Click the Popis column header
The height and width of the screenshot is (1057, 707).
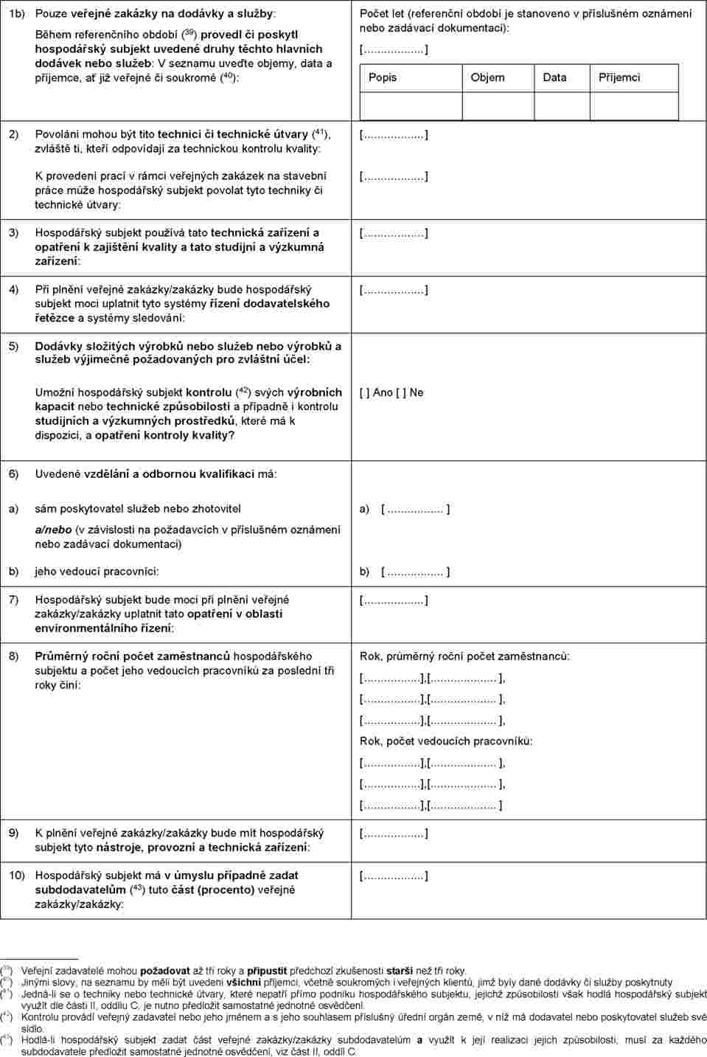pyautogui.click(x=383, y=77)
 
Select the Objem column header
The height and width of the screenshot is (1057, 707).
pyautogui.click(x=487, y=77)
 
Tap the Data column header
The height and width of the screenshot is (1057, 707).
pyautogui.click(x=554, y=77)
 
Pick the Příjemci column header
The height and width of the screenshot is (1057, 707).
pyautogui.click(x=619, y=77)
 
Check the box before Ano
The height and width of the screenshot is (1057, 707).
pyautogui.click(x=364, y=392)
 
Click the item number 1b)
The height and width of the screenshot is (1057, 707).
pyautogui.click(x=16, y=14)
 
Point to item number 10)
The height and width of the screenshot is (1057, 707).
pyautogui.click(x=17, y=876)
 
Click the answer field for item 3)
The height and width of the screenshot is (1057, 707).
pyautogui.click(x=394, y=234)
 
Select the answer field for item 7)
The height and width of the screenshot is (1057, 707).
pyautogui.click(x=394, y=600)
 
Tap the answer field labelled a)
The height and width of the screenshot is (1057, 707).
pyautogui.click(x=415, y=509)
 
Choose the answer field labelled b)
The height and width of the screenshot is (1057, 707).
pyautogui.click(x=415, y=572)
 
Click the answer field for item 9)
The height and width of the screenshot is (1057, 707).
pyautogui.click(x=394, y=834)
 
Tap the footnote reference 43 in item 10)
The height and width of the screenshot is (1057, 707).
pyautogui.click(x=137, y=887)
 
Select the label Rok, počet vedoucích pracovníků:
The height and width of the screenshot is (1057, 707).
pyautogui.click(x=446, y=741)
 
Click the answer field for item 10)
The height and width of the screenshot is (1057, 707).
pyautogui.click(x=394, y=876)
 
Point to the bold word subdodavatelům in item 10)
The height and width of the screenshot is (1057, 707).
pyautogui.click(x=80, y=890)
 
